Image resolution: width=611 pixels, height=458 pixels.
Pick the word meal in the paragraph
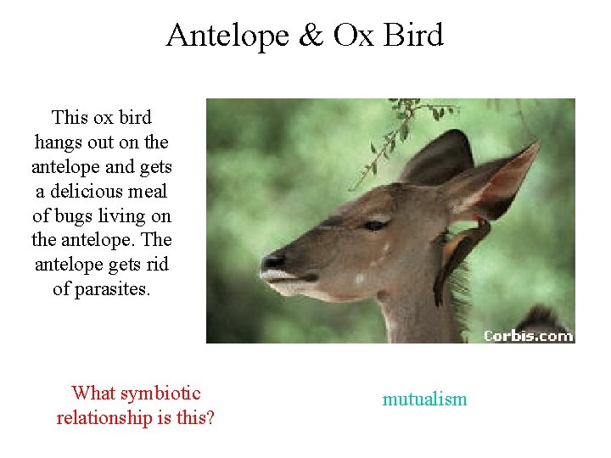point(146,192)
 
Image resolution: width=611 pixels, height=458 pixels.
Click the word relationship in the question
point(111,418)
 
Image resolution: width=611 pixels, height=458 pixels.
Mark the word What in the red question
point(93,394)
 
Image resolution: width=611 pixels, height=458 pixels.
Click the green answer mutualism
point(424,399)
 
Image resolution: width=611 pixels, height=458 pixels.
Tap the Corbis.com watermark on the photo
point(529,335)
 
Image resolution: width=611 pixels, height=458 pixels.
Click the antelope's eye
point(374,225)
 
